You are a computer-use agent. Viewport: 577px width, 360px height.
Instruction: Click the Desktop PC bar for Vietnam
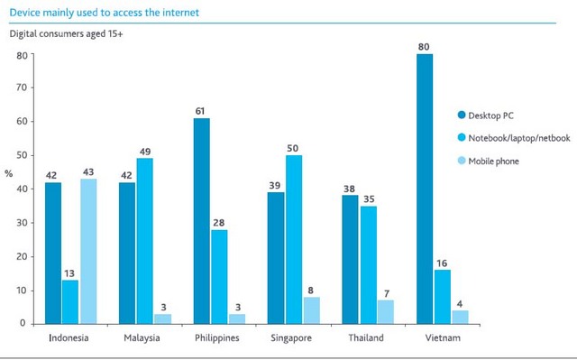click(x=425, y=189)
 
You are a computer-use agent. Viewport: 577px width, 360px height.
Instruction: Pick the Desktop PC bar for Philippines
click(x=201, y=220)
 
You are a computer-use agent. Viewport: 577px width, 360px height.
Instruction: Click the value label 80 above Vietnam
click(x=425, y=45)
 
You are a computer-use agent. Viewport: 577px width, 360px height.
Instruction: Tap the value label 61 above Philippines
click(x=201, y=109)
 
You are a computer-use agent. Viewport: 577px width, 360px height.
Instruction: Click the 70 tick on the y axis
click(x=21, y=88)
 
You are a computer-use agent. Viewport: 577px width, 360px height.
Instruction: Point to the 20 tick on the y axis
click(x=21, y=256)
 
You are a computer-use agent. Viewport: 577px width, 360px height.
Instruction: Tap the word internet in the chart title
click(x=179, y=13)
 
